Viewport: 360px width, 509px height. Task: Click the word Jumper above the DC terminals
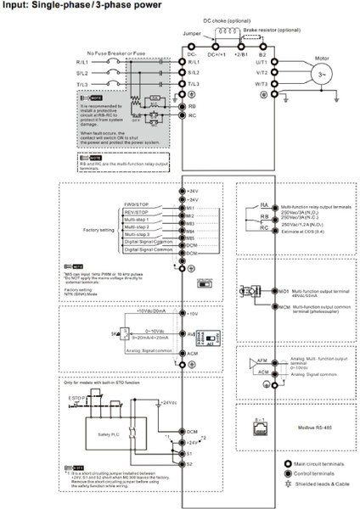tap(191, 33)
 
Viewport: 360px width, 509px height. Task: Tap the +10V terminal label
tap(194, 313)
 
